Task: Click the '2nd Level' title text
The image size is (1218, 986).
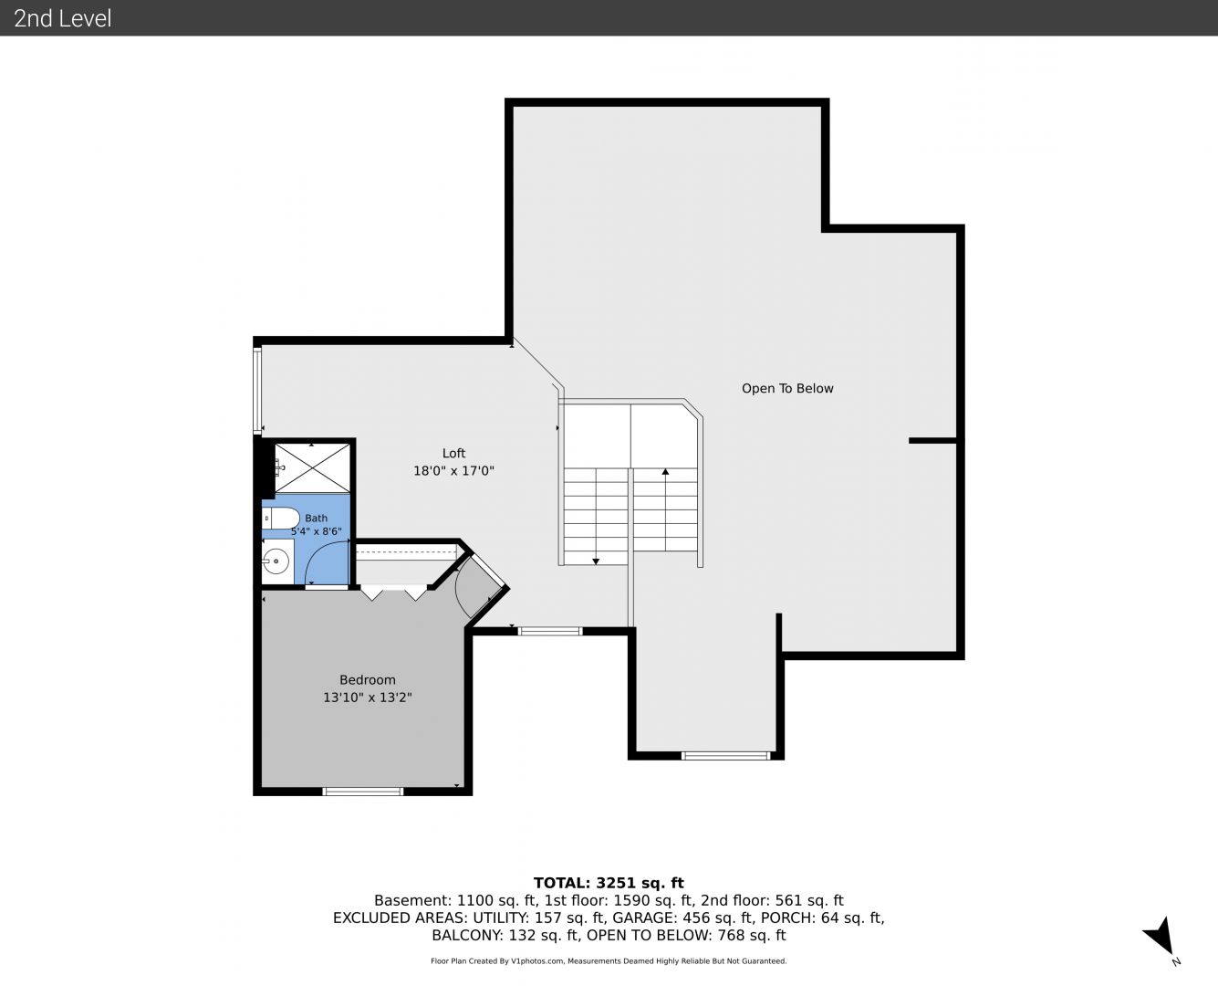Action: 62,18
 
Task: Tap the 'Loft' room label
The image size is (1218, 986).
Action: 454,453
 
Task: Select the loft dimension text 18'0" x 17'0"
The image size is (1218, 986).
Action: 454,471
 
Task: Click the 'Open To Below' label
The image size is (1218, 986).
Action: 787,389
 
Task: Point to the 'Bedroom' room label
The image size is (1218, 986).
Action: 368,680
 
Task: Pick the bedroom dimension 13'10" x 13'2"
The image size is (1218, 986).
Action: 368,698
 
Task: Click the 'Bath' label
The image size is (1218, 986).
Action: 317,518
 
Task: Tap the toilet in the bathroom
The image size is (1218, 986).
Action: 281,519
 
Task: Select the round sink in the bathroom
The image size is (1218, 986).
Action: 276,561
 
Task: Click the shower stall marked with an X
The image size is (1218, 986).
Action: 312,467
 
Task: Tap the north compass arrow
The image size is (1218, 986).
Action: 1161,937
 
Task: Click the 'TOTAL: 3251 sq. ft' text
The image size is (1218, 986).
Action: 609,883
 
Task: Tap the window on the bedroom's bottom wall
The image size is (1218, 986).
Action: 363,792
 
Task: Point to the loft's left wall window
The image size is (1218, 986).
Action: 257,390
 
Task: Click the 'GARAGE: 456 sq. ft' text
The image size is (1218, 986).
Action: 682,918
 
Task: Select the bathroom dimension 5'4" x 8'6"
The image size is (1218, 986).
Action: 317,531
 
